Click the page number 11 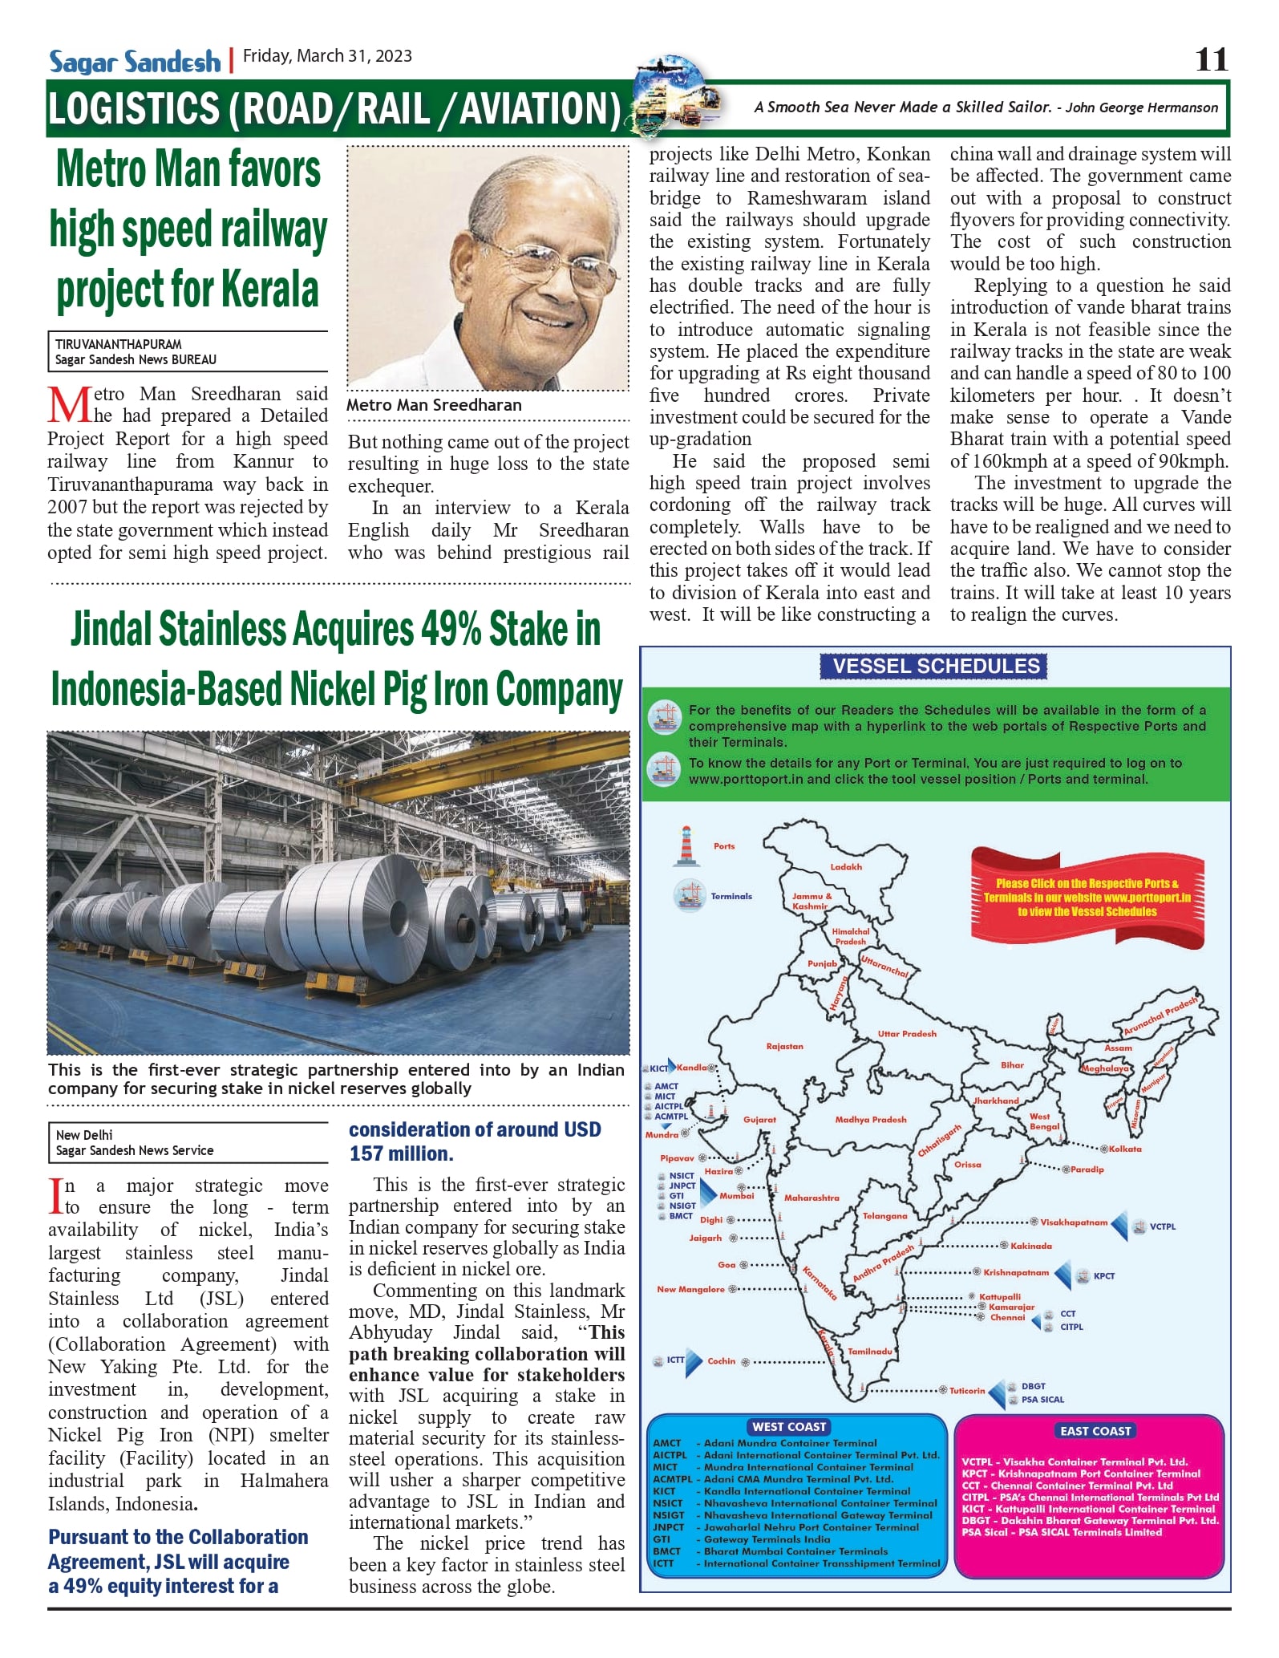[x=1211, y=60]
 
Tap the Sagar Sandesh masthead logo [x=135, y=62]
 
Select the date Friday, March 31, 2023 [x=327, y=56]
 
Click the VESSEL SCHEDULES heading [x=936, y=666]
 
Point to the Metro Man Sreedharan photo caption [x=434, y=405]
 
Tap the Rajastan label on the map [x=784, y=1046]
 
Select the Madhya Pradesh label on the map [x=870, y=1119]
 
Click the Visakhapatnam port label [x=1073, y=1222]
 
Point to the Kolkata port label [x=1125, y=1149]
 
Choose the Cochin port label [x=721, y=1360]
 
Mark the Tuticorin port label [x=967, y=1390]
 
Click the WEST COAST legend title [x=789, y=1426]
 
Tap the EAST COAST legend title [x=1095, y=1430]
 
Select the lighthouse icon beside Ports [x=686, y=846]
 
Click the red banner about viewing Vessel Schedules [x=1087, y=897]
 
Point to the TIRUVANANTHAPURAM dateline [x=119, y=344]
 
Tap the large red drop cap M [x=69, y=405]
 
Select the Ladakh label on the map [x=846, y=866]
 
